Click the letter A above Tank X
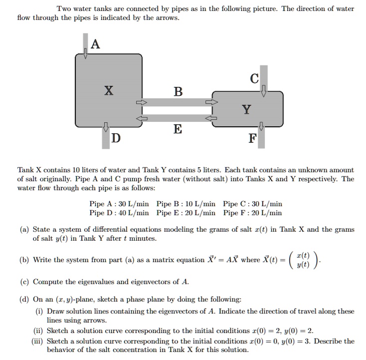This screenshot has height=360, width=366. coord(95,45)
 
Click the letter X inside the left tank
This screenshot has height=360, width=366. coord(108,90)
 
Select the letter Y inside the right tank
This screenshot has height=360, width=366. coord(246,109)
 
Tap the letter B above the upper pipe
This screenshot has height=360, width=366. coord(178,91)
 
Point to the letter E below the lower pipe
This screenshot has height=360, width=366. coord(178,130)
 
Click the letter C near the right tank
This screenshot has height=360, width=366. coord(254,78)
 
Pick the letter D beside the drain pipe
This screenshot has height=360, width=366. coord(116,138)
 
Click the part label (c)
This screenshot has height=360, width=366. coord(24,281)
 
